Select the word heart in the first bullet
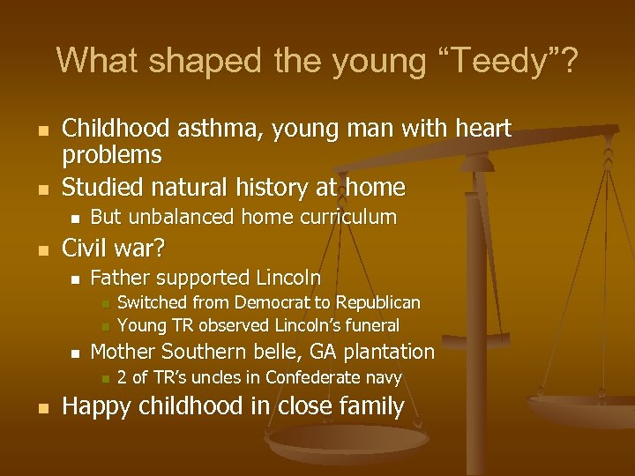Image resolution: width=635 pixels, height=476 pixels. [480, 129]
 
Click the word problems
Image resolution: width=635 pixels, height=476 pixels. [112, 157]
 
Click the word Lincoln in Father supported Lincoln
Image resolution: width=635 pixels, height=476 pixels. [288, 278]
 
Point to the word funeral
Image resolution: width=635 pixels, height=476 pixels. [367, 325]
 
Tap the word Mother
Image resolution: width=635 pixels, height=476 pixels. [121, 352]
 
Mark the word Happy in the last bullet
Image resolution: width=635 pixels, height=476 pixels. [95, 406]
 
